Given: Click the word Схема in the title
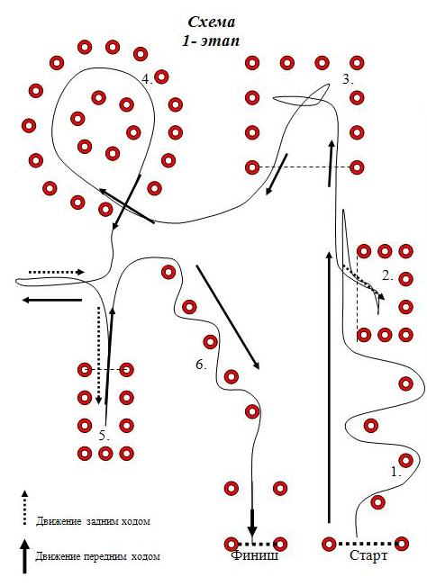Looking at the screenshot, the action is click(x=212, y=22).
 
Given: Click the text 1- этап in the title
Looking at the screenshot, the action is click(x=211, y=41).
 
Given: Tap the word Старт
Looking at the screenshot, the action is click(x=368, y=555).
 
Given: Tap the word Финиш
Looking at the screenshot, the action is click(x=255, y=555).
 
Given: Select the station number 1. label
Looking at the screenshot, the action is click(x=396, y=472).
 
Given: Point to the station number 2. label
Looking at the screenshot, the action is click(x=387, y=276).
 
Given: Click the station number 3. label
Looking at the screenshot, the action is click(x=348, y=79).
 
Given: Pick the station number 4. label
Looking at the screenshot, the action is click(x=148, y=79).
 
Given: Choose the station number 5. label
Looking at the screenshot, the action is click(x=104, y=436).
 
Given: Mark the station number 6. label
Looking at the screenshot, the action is click(x=201, y=365).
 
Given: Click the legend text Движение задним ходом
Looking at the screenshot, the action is click(x=93, y=521).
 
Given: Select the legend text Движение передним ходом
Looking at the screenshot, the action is click(x=97, y=556).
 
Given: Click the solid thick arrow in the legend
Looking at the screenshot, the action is click(x=24, y=556).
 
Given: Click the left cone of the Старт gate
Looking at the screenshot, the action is click(x=329, y=544).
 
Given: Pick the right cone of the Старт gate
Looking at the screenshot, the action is click(x=402, y=544).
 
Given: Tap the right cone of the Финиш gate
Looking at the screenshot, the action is click(x=280, y=544).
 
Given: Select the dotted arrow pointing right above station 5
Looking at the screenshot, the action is click(x=57, y=272).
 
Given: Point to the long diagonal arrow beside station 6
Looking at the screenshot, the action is click(x=228, y=317).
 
